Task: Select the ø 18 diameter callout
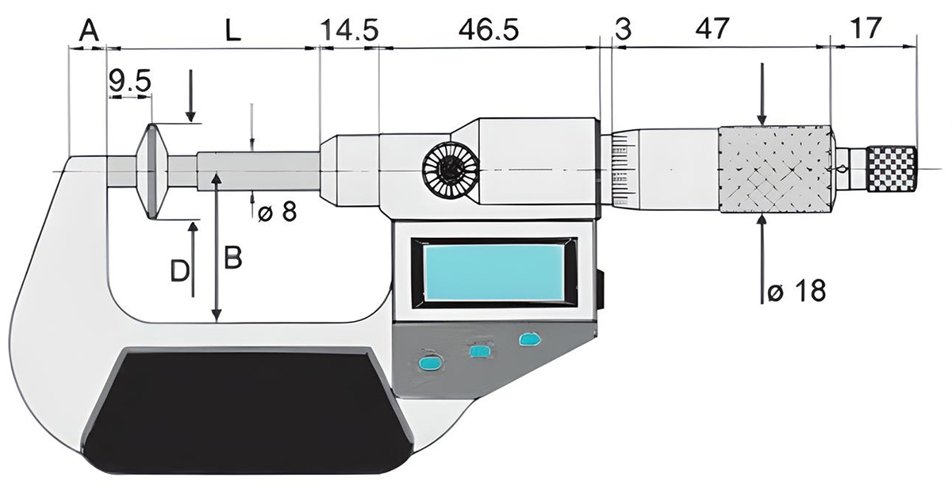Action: point(797,291)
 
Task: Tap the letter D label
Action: point(180,272)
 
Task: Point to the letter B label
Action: point(232,258)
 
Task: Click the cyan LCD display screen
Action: point(493,272)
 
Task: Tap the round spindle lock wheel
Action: point(447,170)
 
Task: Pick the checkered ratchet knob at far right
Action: point(892,169)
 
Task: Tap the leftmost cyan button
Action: point(430,362)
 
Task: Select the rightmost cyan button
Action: point(528,339)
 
